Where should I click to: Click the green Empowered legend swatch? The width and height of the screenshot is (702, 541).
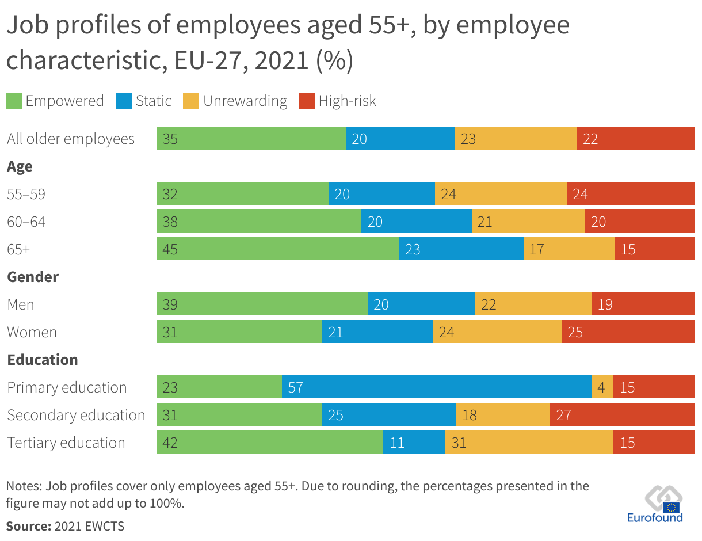pos(14,101)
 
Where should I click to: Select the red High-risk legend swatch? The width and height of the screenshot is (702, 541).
pos(307,101)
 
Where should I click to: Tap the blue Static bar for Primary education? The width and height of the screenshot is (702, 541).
pos(436,387)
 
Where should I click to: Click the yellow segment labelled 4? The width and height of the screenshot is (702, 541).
pos(602,387)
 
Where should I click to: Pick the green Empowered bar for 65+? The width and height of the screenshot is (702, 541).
pos(277,249)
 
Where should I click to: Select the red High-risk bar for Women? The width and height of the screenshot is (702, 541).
pos(628,332)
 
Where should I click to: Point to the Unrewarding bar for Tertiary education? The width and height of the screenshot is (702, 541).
pos(529,442)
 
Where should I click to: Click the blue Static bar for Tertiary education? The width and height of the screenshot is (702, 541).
pos(414,442)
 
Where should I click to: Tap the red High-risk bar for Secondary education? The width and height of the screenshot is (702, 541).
pos(622,414)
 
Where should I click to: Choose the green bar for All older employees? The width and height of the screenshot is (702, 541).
pos(251,138)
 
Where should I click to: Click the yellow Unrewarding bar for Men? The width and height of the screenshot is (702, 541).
pos(533,304)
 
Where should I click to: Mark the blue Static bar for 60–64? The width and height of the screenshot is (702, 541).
pos(416,221)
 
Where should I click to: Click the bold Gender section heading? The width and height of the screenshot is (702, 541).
pos(33,277)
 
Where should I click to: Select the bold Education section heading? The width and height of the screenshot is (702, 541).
pos(43,360)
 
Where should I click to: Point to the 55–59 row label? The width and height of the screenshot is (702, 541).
pos(26,194)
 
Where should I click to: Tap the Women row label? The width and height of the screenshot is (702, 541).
pos(32,332)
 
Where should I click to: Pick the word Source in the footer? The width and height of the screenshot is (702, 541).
pos(28,526)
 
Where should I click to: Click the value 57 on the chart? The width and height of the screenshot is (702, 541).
pos(295,387)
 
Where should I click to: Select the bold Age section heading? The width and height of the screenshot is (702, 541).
pos(20,167)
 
